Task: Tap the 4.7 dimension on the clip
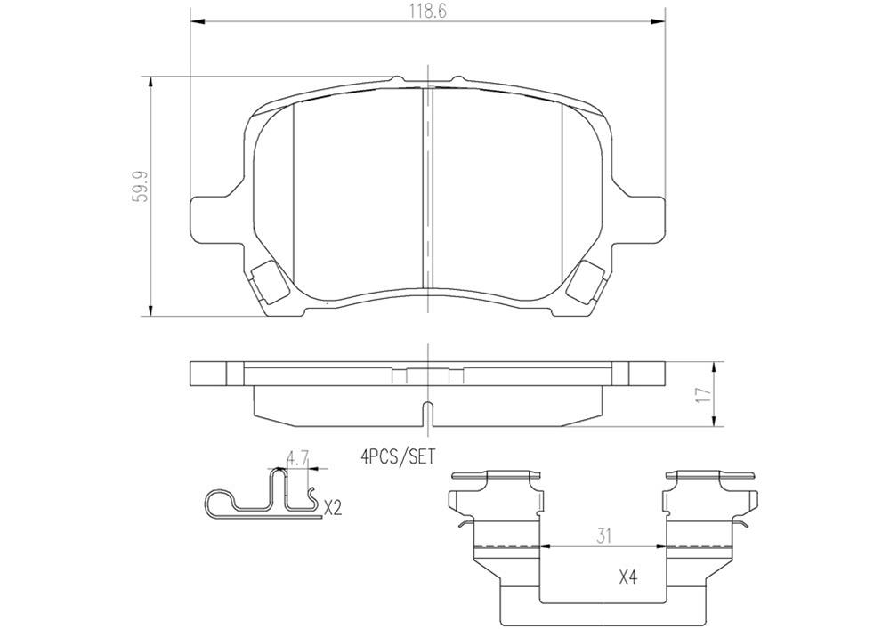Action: (x=297, y=460)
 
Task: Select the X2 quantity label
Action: (x=332, y=509)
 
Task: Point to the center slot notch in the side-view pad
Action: (x=428, y=414)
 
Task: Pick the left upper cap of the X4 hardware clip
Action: (x=496, y=476)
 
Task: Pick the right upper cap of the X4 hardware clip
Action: (x=708, y=476)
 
